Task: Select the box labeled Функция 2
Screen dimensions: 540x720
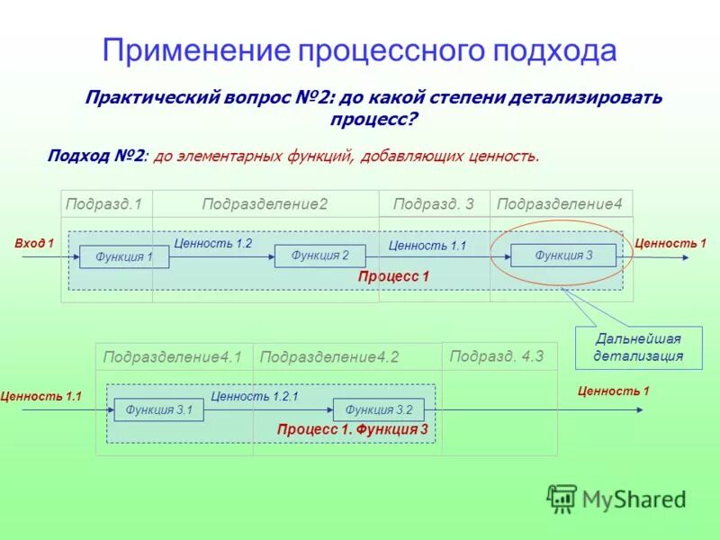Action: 319,256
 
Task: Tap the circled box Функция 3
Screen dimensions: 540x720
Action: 563,256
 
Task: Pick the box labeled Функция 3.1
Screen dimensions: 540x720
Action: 159,410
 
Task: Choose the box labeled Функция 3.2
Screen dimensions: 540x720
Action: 378,410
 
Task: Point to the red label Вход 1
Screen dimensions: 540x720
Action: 35,243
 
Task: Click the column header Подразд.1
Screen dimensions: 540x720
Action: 104,204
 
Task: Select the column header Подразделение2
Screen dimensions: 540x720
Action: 265,204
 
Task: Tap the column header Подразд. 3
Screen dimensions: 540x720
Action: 433,204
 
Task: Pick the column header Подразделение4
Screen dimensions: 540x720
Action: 560,204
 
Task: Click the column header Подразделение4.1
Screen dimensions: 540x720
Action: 173,357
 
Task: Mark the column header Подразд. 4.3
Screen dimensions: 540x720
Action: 497,355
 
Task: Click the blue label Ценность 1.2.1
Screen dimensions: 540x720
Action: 254,395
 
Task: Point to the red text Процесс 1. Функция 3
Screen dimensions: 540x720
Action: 353,430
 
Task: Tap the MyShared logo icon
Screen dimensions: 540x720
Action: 562,498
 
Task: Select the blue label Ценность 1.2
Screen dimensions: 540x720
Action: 212,243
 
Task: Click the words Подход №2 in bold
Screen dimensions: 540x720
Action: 95,156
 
